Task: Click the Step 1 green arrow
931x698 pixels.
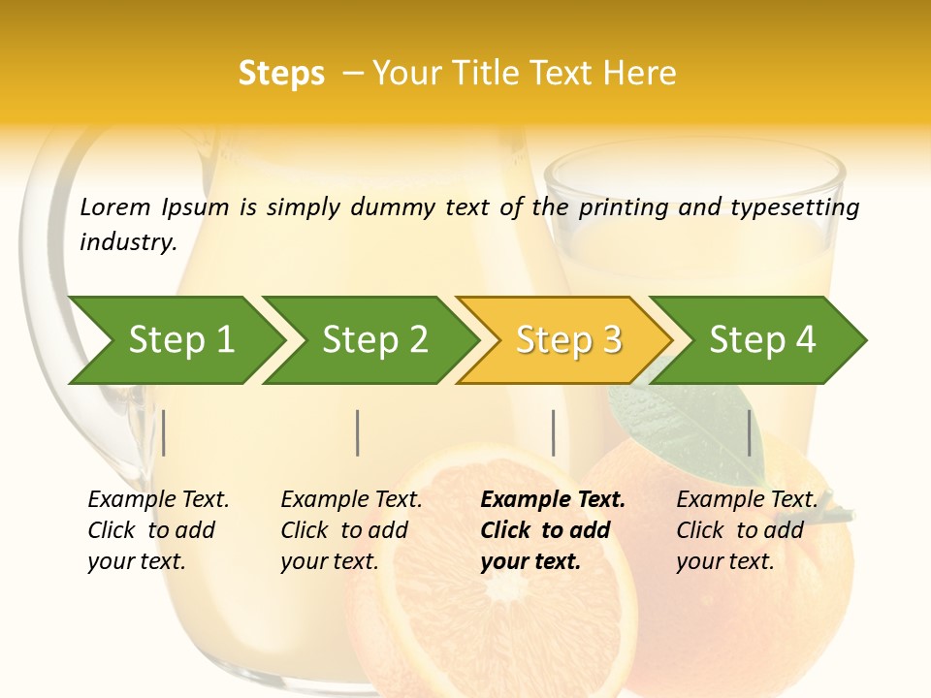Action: pyautogui.click(x=181, y=340)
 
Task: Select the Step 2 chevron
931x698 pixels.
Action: pyautogui.click(x=375, y=340)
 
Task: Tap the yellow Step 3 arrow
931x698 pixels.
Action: pyautogui.click(x=568, y=340)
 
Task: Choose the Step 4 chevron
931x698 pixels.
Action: pyautogui.click(x=762, y=340)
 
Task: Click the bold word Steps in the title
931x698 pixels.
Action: pyautogui.click(x=281, y=74)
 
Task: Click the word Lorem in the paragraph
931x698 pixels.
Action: pyautogui.click(x=114, y=206)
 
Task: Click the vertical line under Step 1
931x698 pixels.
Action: pyautogui.click(x=163, y=432)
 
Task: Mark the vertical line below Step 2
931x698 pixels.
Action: pyautogui.click(x=358, y=432)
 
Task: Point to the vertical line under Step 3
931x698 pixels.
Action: pyautogui.click(x=553, y=432)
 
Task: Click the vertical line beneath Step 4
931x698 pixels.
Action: pyautogui.click(x=749, y=432)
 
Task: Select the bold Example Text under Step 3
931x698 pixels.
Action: pyautogui.click(x=553, y=500)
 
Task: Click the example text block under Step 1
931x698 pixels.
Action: pyautogui.click(x=158, y=530)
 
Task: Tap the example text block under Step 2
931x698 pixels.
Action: pyautogui.click(x=351, y=530)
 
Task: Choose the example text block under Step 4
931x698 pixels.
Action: pyautogui.click(x=747, y=530)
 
